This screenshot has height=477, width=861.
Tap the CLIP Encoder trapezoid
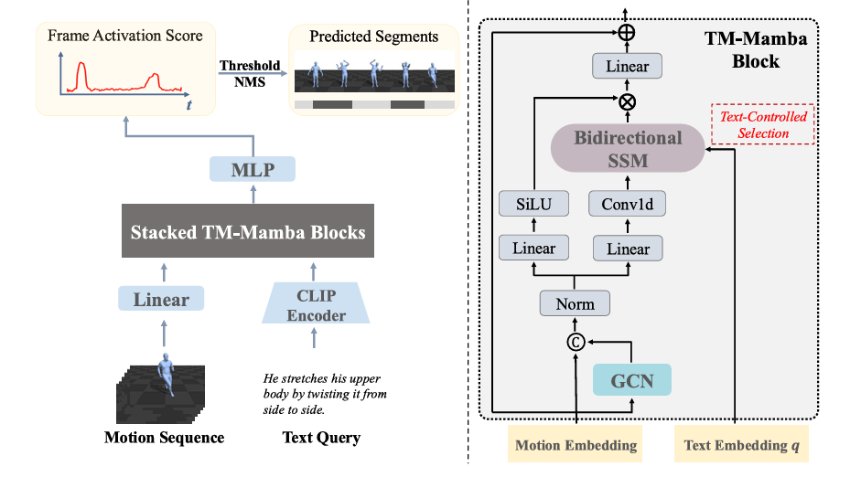pos(316,302)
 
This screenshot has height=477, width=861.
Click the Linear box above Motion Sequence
pos(161,299)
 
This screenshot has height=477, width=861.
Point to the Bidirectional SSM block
pos(628,150)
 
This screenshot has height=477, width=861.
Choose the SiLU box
pos(533,204)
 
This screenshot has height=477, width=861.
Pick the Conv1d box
pos(627,204)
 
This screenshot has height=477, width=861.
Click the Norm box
pos(575,303)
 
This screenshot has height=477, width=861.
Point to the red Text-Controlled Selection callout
pos(763,125)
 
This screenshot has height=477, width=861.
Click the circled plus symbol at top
pos(628,33)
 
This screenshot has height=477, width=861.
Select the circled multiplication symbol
pos(628,101)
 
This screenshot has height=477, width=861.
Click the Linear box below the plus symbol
pos(627,66)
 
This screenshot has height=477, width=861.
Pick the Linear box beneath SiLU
pos(533,248)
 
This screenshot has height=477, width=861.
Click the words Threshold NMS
pos(250,73)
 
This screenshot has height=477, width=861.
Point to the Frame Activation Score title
pos(125,36)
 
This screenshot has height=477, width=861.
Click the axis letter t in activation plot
pos(188,105)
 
